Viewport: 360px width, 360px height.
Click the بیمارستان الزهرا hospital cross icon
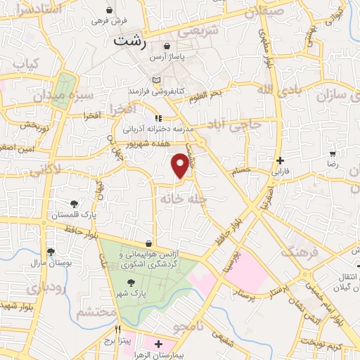pyautogui.click(x=159, y=345)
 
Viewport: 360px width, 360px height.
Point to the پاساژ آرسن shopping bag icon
pyautogui.click(x=166, y=46)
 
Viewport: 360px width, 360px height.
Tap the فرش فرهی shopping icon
pyautogui.click(x=109, y=10)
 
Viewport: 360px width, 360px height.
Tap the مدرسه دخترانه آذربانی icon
pyautogui.click(x=159, y=119)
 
